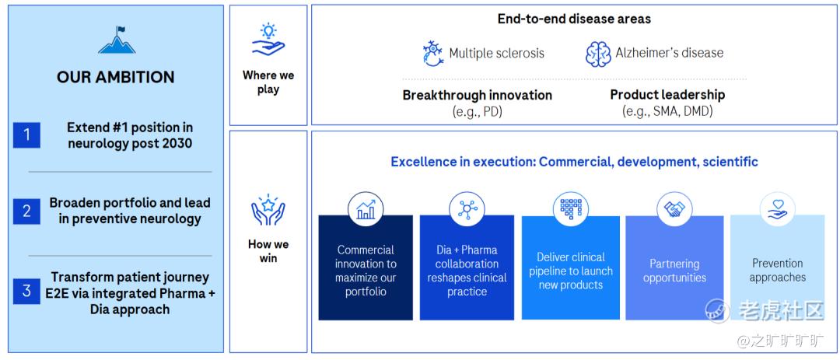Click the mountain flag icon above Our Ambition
pyautogui.click(x=116, y=40)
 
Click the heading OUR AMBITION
pyautogui.click(x=116, y=77)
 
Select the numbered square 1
pyautogui.click(x=26, y=135)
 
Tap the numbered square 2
pyautogui.click(x=26, y=211)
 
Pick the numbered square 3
pyautogui.click(x=26, y=292)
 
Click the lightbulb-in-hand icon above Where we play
pyautogui.click(x=268, y=39)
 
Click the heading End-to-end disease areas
pyautogui.click(x=574, y=19)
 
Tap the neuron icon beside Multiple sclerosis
pyautogui.click(x=433, y=53)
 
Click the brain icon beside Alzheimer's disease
pyautogui.click(x=598, y=54)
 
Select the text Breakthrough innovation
pyautogui.click(x=478, y=96)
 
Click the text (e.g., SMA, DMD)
pyautogui.click(x=667, y=112)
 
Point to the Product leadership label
pyautogui.click(x=667, y=95)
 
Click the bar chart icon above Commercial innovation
pyautogui.click(x=366, y=209)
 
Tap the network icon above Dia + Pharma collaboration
pyautogui.click(x=467, y=209)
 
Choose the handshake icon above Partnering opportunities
pyautogui.click(x=674, y=209)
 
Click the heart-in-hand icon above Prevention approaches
pyautogui.click(x=777, y=209)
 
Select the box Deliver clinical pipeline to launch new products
pyautogui.click(x=571, y=267)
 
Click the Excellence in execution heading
pyautogui.click(x=574, y=162)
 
